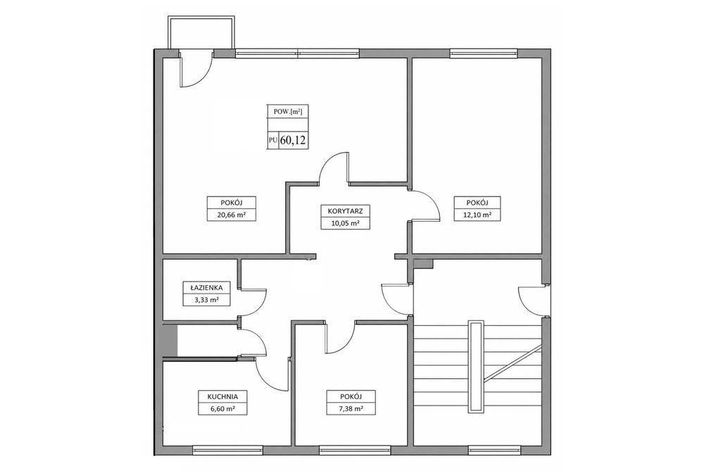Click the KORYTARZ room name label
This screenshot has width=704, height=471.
tap(345, 211)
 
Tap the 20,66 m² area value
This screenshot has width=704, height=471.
tap(231, 215)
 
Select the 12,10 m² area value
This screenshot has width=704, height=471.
tap(477, 215)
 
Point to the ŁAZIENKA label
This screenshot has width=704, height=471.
tap(206, 287)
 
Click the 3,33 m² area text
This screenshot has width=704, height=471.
tap(206, 300)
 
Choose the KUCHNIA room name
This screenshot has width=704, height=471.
tap(222, 396)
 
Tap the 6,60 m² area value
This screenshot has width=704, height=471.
tap(222, 409)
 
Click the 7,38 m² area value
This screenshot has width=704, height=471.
tap(351, 409)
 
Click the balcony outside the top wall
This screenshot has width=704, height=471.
tap(201, 32)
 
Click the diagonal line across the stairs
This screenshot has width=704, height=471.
tap(513, 364)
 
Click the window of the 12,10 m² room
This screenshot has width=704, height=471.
tap(484, 53)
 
